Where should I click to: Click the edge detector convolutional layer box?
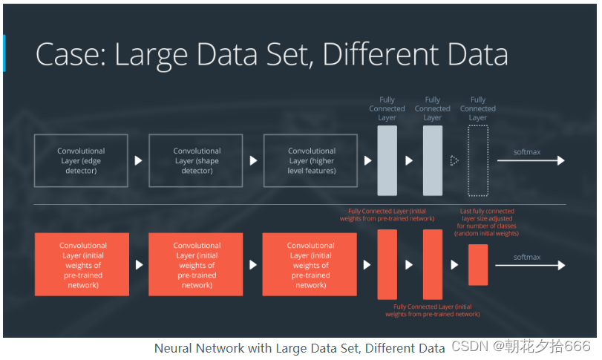click(81, 160)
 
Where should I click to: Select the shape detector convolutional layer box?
click(197, 160)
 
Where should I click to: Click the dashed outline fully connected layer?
click(478, 160)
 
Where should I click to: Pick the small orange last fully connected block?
click(478, 265)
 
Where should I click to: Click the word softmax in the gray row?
click(527, 151)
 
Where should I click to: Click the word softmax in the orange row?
click(527, 257)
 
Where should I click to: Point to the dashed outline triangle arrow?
click(454, 160)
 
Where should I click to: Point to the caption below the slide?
click(299, 347)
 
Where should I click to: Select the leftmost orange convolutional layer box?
click(82, 265)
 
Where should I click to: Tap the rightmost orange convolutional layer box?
click(310, 265)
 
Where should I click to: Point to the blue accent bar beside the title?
click(4, 53)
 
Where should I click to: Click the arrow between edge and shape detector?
click(138, 160)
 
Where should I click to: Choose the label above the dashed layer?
click(478, 108)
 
